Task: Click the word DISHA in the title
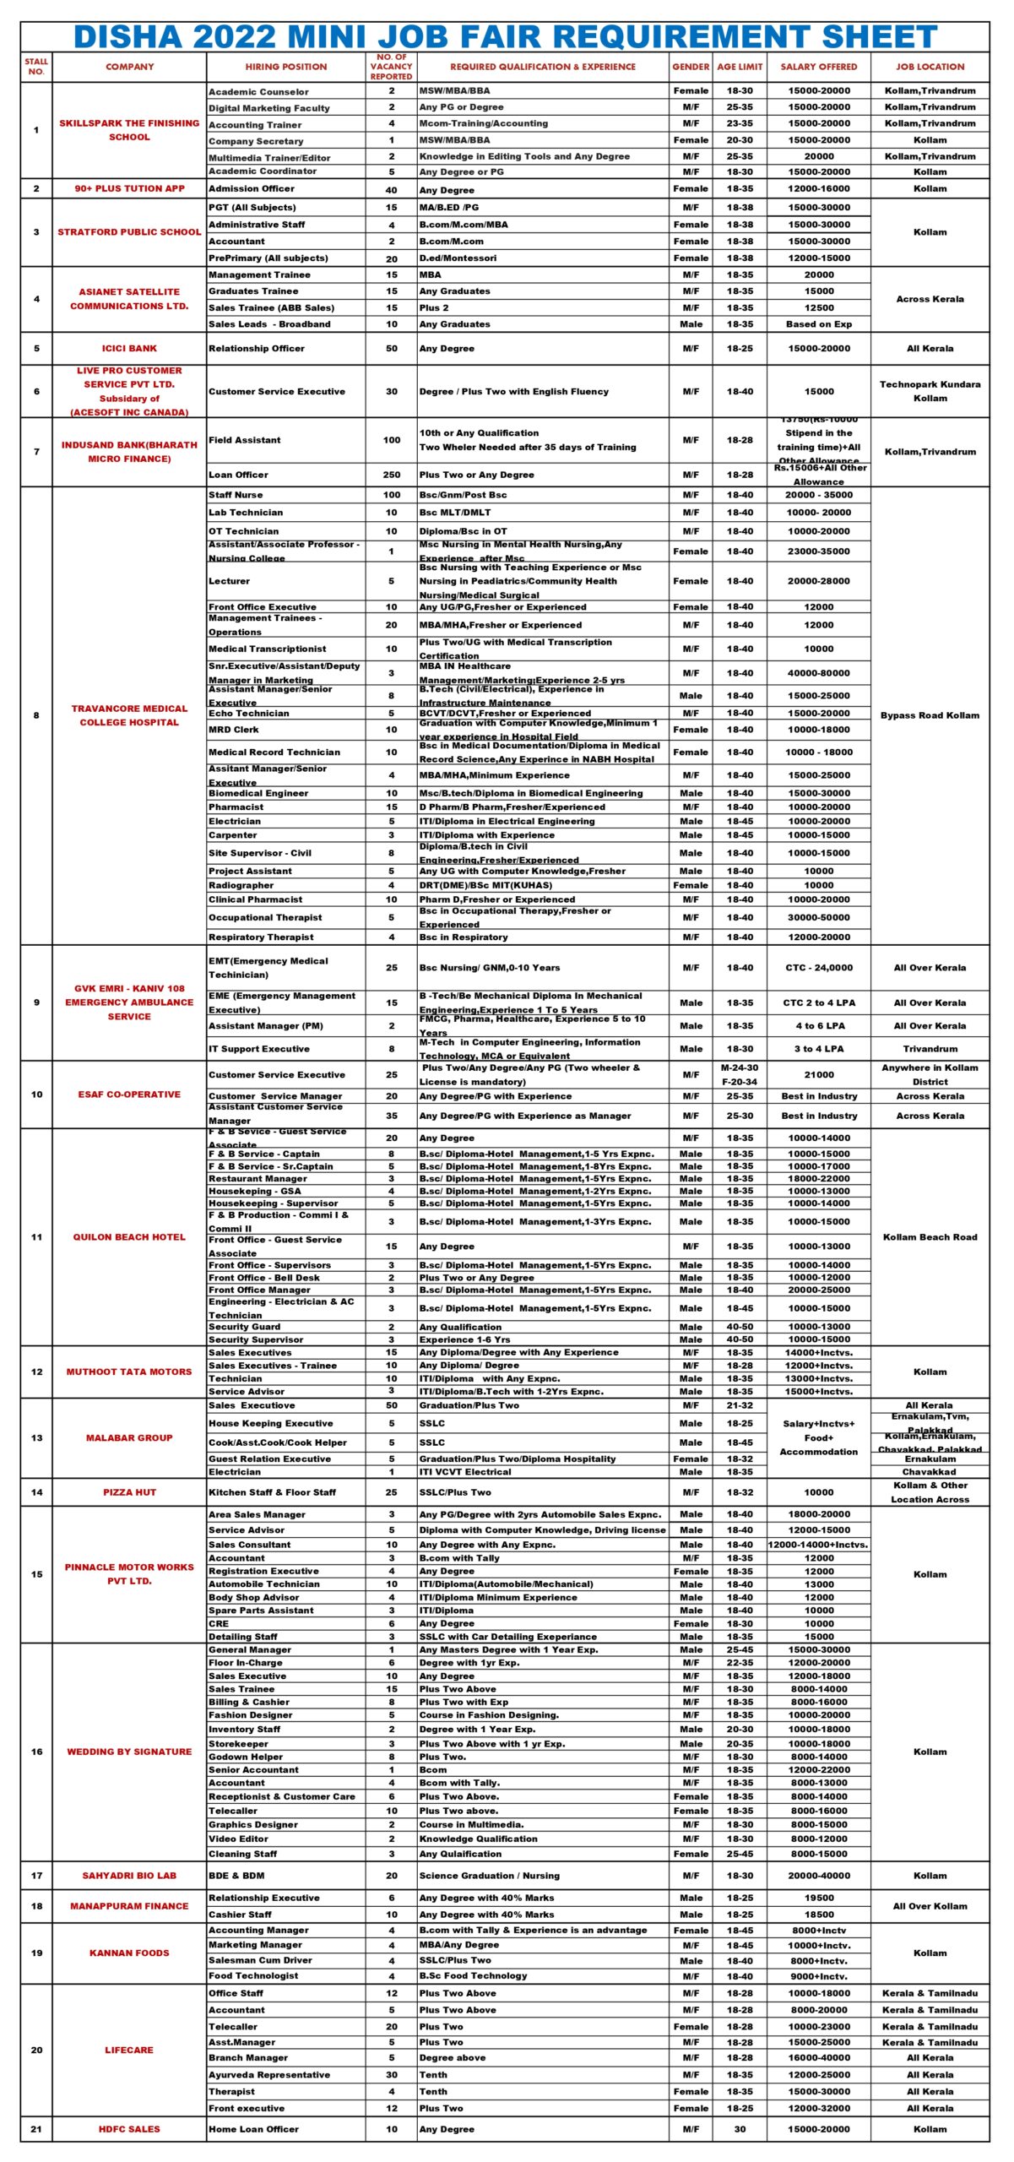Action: tap(128, 37)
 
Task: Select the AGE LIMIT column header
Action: tap(740, 67)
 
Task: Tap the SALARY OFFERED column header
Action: tap(818, 67)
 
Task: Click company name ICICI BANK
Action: tap(129, 348)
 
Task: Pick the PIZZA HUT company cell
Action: tap(129, 1492)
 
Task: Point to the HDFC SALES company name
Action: tap(129, 2129)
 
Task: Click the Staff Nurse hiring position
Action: tap(236, 495)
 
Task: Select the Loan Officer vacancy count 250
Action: tap(392, 475)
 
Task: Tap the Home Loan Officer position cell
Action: tap(253, 2129)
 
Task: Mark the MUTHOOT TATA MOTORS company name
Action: tap(129, 1372)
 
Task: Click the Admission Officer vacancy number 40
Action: tap(392, 189)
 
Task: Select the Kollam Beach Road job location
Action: tap(930, 1237)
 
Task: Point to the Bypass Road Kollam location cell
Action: tap(930, 715)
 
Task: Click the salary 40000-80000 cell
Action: tap(818, 673)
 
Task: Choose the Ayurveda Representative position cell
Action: tap(269, 2074)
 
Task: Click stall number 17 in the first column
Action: tap(36, 1876)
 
